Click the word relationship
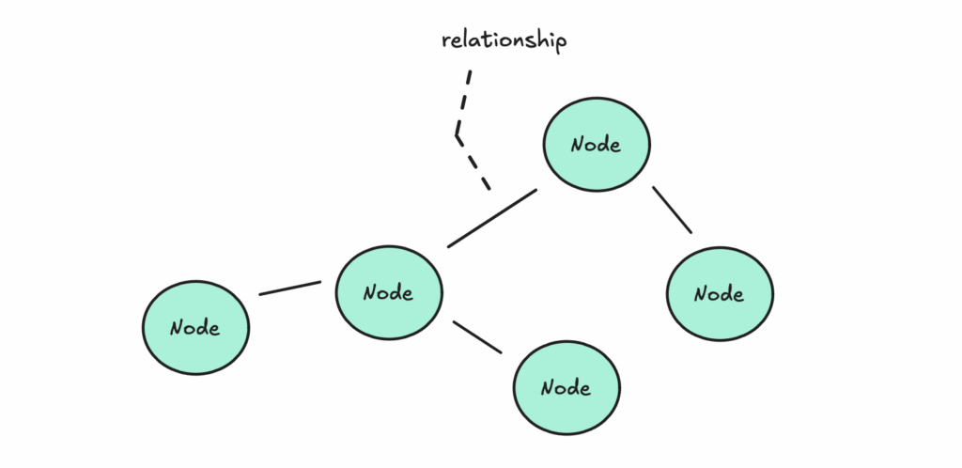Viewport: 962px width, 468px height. (x=504, y=41)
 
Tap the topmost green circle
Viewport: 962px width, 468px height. (x=597, y=144)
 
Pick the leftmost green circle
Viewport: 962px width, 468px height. (x=195, y=328)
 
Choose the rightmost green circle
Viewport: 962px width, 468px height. (x=720, y=294)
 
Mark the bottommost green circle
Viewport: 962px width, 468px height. (x=566, y=387)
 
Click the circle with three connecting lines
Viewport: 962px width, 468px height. (x=389, y=292)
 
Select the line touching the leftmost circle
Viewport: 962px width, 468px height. (x=290, y=289)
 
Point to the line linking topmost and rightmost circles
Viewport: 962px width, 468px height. (x=673, y=210)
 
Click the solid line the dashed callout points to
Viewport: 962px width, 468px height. (x=492, y=218)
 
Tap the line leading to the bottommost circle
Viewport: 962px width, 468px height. (x=477, y=336)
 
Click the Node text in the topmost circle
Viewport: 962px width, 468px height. (x=596, y=145)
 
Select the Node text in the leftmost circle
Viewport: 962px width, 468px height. (x=195, y=328)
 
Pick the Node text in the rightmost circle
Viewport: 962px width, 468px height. (x=719, y=294)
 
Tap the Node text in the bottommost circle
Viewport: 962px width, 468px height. (x=566, y=388)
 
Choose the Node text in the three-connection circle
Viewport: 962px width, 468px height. (x=388, y=292)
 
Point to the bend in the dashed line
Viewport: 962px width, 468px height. (x=458, y=135)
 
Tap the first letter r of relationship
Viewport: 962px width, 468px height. (x=446, y=42)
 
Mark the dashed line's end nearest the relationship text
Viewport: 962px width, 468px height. (x=471, y=70)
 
